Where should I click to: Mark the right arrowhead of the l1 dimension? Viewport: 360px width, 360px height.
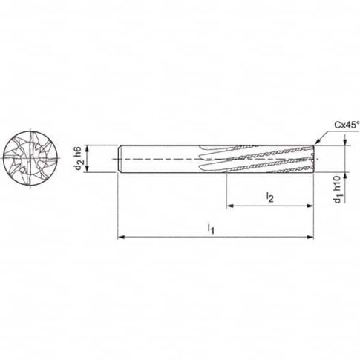314,238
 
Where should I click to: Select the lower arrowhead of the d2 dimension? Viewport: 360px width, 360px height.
88,171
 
